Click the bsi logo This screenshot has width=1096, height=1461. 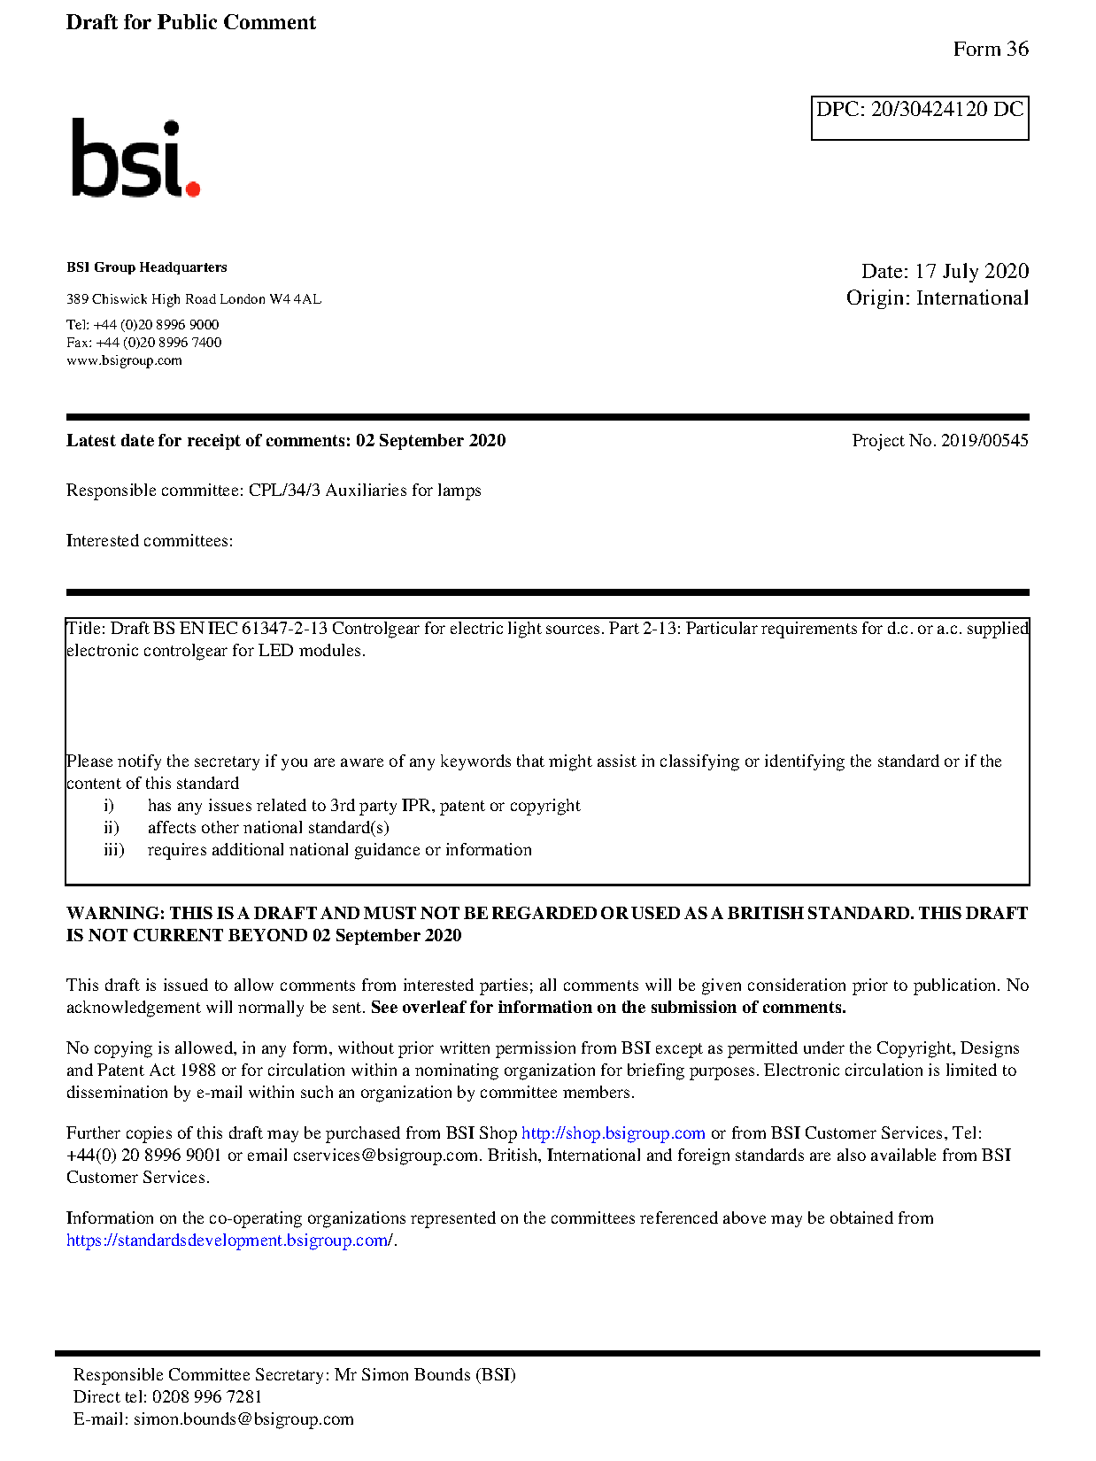tap(135, 158)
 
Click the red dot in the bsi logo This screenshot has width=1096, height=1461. tap(192, 188)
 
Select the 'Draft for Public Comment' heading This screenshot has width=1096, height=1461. tap(190, 23)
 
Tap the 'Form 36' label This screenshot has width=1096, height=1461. tap(990, 50)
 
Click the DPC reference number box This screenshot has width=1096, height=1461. tap(919, 118)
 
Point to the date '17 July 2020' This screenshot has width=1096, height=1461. tap(971, 272)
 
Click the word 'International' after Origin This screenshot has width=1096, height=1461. tap(972, 298)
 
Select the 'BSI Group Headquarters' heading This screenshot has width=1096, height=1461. tap(146, 267)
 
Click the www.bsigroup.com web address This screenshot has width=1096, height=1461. tap(124, 360)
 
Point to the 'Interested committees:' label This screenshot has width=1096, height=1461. tap(150, 541)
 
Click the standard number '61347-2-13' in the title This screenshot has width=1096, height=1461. tap(284, 629)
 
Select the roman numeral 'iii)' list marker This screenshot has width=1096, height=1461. tap(113, 850)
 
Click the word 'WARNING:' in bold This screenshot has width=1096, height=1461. tap(115, 914)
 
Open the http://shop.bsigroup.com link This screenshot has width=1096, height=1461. tap(613, 1133)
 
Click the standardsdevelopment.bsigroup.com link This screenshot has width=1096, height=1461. tap(229, 1241)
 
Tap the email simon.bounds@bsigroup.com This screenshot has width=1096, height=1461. tap(243, 1419)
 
